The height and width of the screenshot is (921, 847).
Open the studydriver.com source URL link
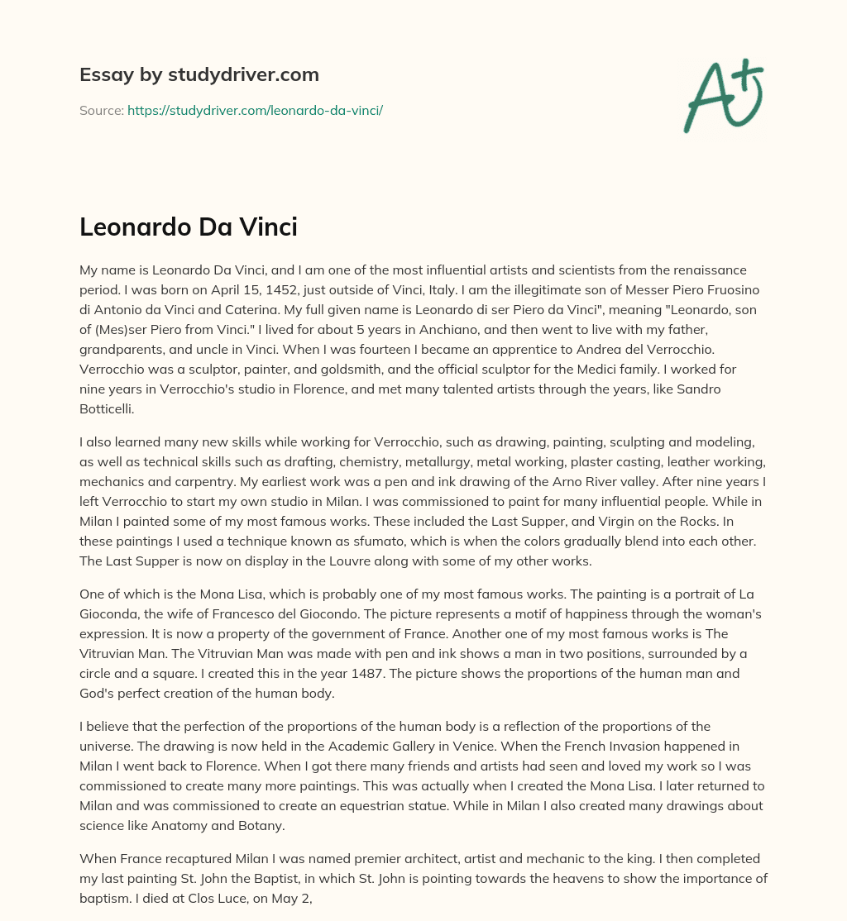click(255, 110)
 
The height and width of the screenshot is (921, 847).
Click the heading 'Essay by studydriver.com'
click(199, 74)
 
